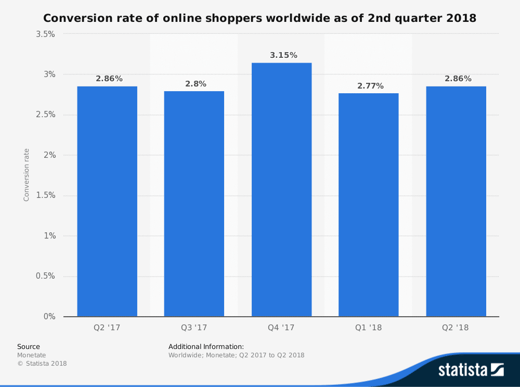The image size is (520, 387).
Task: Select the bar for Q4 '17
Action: point(281,190)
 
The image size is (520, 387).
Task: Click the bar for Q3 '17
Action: point(194,204)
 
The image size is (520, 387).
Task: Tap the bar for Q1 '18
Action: point(369,205)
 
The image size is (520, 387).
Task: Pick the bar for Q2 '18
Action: point(456,201)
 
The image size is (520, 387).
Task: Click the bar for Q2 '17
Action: point(107,201)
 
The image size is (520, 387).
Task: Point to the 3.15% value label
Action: point(283,55)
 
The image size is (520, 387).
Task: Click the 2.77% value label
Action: point(370,86)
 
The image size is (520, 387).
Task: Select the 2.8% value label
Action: point(196,84)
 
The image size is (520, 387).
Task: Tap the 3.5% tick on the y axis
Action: point(46,34)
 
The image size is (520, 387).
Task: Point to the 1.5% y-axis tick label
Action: point(46,196)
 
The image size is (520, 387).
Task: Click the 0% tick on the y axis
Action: point(50,317)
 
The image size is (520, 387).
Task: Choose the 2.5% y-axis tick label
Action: point(46,115)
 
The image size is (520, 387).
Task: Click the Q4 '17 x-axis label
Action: point(281,328)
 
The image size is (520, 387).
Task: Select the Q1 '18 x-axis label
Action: point(369,328)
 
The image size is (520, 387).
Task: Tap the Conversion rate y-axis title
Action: point(27,175)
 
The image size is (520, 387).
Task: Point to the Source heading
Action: point(29,346)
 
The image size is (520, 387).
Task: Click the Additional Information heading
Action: point(206,346)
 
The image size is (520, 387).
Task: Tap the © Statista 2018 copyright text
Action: point(42,364)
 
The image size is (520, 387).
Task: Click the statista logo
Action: point(471,370)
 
